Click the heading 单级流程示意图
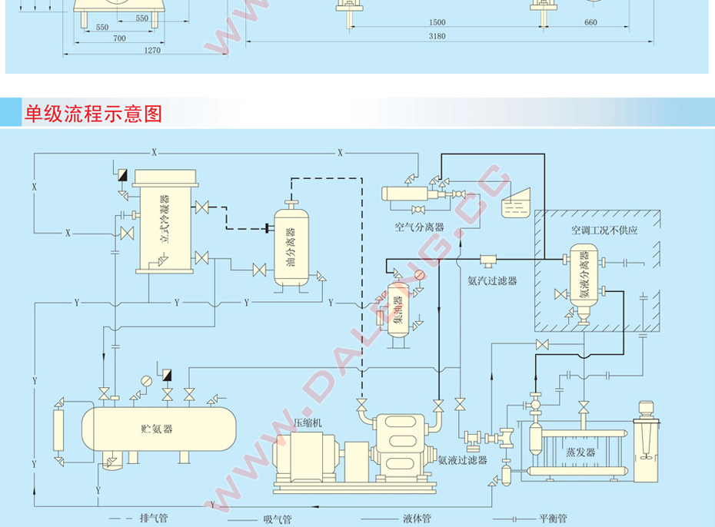click(x=94, y=114)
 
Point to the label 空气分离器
click(x=420, y=227)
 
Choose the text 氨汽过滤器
click(x=492, y=280)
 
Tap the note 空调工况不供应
click(x=604, y=230)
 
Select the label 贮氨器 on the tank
click(x=158, y=429)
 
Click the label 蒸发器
click(x=580, y=452)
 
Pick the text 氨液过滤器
click(x=463, y=460)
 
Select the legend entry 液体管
click(x=416, y=518)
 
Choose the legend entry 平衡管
click(x=553, y=518)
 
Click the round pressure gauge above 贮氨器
click(x=146, y=380)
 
